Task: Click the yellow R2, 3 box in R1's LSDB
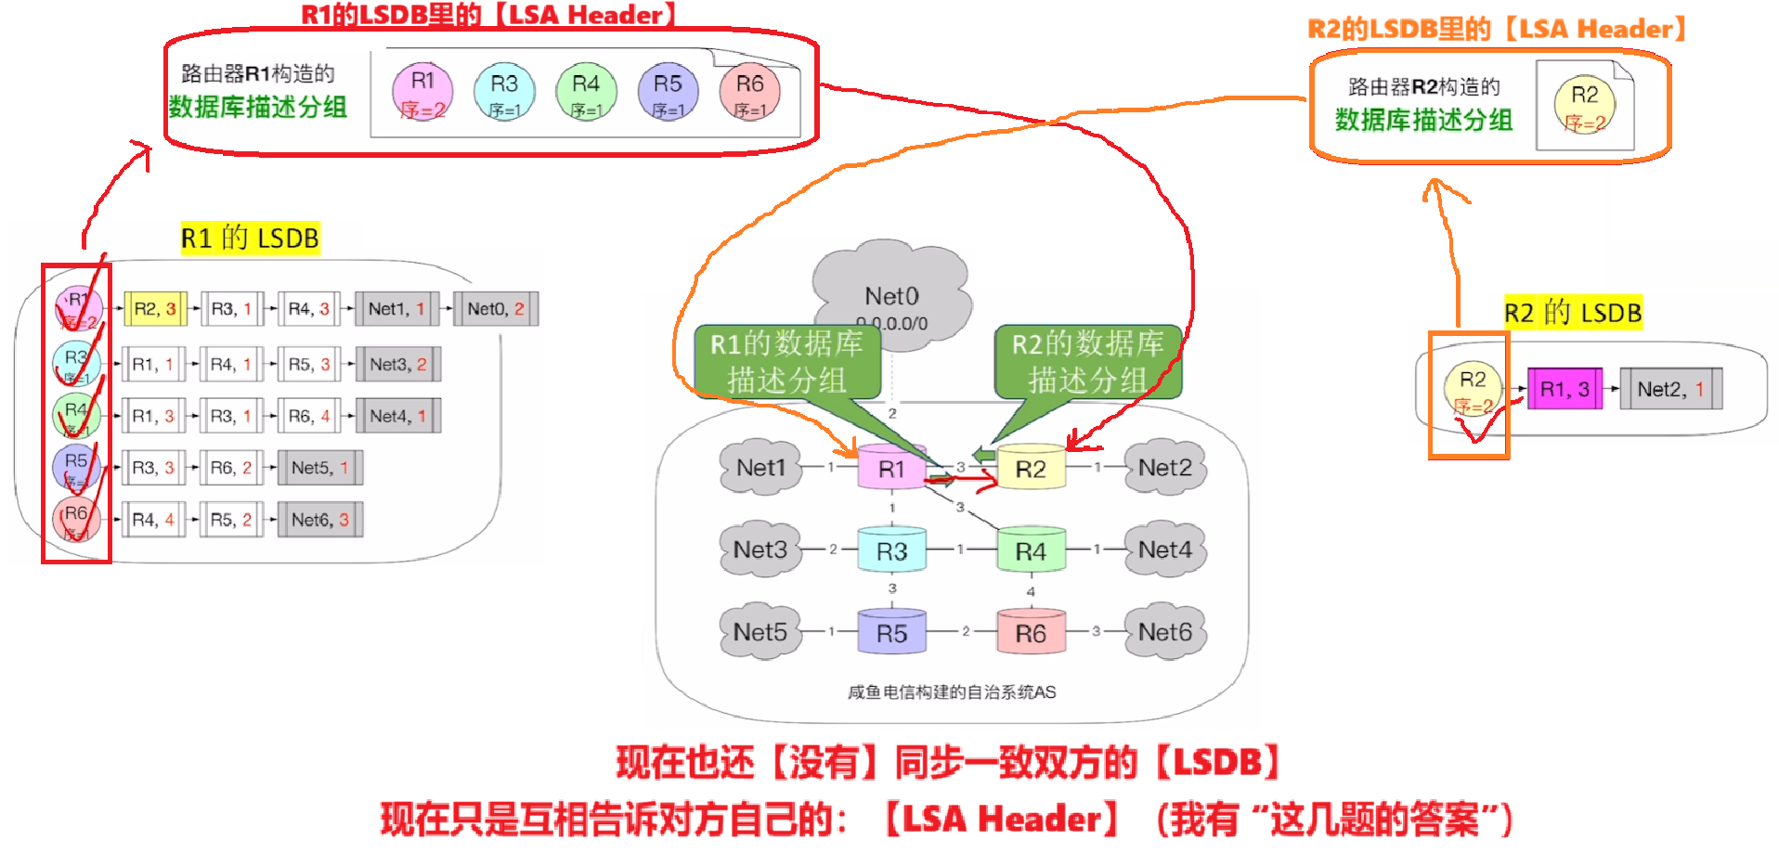point(155,309)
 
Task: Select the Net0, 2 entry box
point(496,309)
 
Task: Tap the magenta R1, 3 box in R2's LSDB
point(1565,389)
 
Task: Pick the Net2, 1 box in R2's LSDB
point(1670,389)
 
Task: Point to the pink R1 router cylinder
point(891,468)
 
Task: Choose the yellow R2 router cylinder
point(1031,468)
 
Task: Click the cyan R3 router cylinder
point(891,550)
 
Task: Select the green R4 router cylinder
point(1031,550)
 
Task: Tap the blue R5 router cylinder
point(891,632)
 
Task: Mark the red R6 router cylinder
point(1031,632)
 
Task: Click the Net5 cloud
point(760,632)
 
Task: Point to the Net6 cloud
point(1165,632)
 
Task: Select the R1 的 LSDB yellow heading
point(250,239)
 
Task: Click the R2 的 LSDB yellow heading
point(1573,313)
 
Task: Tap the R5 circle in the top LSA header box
point(668,93)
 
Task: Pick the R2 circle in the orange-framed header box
point(1584,106)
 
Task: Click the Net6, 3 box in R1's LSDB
point(320,520)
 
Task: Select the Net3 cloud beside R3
point(760,549)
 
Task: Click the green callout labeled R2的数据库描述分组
point(1086,362)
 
